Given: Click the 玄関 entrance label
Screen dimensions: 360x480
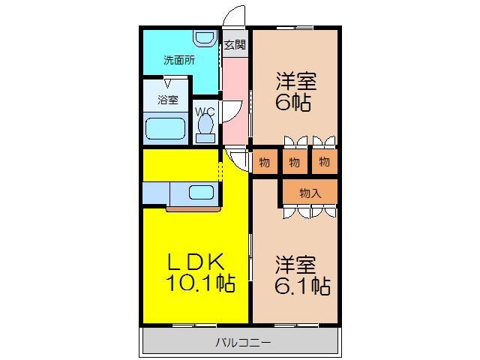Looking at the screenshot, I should coord(235,44).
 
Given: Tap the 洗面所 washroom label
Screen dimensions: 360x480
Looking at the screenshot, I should coord(179,61).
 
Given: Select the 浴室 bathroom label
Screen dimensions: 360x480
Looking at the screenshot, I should coord(167,100).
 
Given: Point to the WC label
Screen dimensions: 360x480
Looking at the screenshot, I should coord(205,112).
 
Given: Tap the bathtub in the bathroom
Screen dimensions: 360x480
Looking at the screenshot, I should coord(165,129).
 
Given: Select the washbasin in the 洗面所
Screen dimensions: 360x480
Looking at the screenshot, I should coord(203,37).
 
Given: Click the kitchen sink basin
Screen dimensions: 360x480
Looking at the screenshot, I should coord(201,192).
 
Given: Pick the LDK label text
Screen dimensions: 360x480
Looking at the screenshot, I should coord(195,262).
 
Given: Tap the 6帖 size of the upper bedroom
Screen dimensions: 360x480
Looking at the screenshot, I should coord(293,103).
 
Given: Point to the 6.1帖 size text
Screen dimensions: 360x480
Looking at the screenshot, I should coord(302,286).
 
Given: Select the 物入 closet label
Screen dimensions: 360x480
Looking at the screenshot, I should coord(310,193).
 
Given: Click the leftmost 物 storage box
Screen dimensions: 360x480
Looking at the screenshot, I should coord(265,162).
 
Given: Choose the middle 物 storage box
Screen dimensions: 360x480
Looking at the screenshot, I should coord(294,162).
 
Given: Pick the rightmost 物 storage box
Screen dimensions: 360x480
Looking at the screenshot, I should coord(323,162).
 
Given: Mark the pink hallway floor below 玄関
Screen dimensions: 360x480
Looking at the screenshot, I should coord(234,97).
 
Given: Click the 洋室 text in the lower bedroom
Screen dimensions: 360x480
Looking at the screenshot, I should coord(295,264).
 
